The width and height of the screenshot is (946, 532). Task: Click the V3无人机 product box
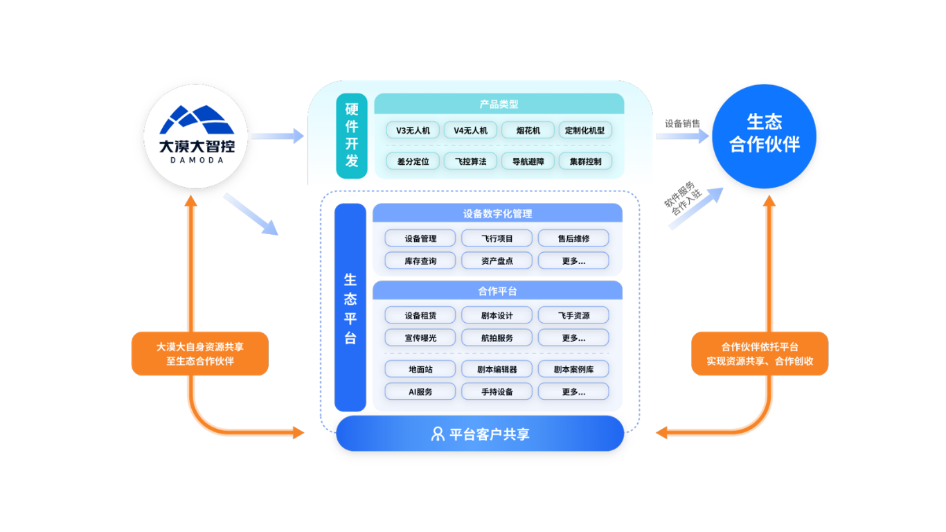(x=413, y=130)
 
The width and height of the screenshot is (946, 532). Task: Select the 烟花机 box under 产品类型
(x=528, y=130)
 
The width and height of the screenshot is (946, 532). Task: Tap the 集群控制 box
(x=585, y=161)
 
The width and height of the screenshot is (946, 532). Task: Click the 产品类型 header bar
(x=499, y=105)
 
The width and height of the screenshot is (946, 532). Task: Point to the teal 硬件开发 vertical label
(x=352, y=135)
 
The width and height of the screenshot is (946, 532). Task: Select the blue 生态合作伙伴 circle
(x=764, y=136)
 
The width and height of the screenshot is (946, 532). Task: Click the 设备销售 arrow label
(x=682, y=124)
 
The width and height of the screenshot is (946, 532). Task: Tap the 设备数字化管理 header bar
(x=497, y=213)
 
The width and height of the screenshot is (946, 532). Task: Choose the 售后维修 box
(x=573, y=238)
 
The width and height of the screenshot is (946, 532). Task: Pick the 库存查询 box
(x=420, y=261)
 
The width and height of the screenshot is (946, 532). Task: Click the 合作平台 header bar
(x=497, y=291)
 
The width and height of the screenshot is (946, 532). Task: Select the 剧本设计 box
(x=497, y=316)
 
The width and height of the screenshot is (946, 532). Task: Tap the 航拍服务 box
(x=497, y=338)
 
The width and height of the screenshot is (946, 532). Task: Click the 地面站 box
(x=420, y=369)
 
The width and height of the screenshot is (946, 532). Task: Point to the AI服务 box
(x=420, y=391)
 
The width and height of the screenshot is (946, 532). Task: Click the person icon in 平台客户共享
(x=438, y=434)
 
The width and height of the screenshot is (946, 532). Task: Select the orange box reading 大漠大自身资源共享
(x=200, y=354)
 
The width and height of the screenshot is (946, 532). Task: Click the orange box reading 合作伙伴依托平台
(x=760, y=354)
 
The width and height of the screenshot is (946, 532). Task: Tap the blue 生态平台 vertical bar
(x=350, y=308)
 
